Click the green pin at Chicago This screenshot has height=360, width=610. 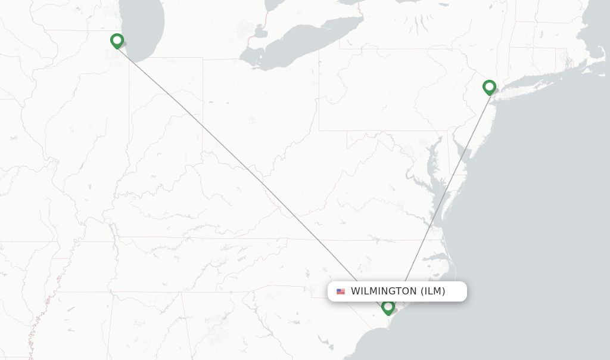[117, 41]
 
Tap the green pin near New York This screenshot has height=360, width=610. [489, 87]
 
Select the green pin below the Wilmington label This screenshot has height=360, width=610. [388, 307]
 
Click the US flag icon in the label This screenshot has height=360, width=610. [341, 291]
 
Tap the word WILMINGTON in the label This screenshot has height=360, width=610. [384, 291]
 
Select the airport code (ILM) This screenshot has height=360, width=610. [433, 291]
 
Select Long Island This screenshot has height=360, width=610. [524, 89]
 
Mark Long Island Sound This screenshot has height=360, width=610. [524, 80]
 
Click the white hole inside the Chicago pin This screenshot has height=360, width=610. [117, 39]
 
